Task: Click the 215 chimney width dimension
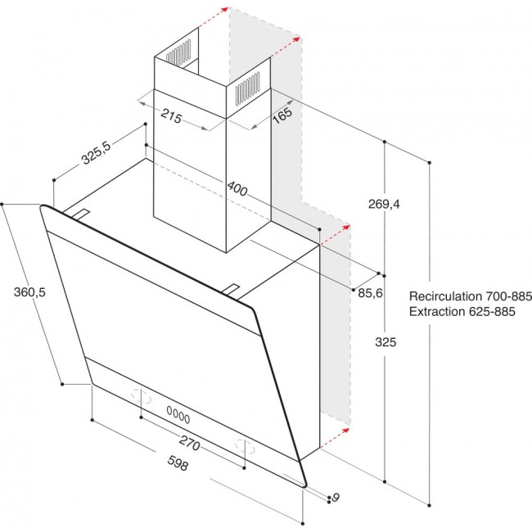pos(171,116)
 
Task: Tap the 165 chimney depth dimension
pos(281,116)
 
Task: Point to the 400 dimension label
pos(237,189)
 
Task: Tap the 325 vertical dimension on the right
pos(385,342)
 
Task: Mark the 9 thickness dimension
pos(335,497)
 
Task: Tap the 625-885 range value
pos(496,312)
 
